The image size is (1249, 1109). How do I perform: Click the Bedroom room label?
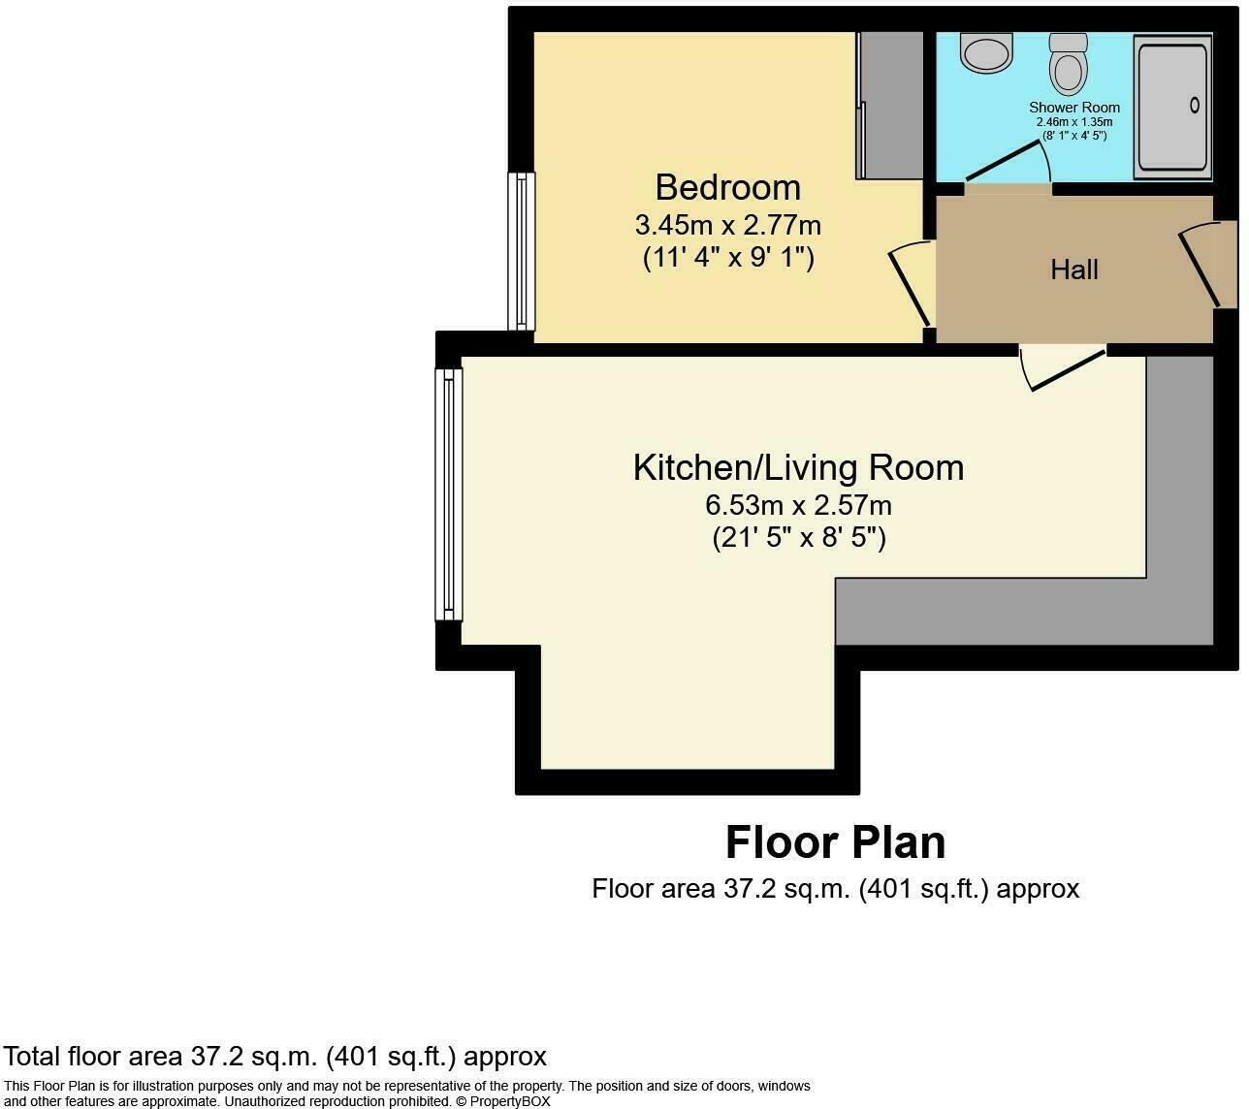[727, 187]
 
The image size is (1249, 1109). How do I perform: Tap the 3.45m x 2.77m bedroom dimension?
[727, 226]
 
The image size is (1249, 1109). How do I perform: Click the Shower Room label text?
[1073, 108]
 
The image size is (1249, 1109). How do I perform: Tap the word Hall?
[1073, 269]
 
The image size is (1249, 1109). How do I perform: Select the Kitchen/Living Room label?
[798, 467]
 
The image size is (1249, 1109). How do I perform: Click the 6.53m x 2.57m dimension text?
[798, 505]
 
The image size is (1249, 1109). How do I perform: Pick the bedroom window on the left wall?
[522, 251]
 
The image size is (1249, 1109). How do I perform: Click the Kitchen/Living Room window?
[448, 493]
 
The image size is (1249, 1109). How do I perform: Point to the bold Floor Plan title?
[835, 842]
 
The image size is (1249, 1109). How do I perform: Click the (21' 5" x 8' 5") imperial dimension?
[798, 537]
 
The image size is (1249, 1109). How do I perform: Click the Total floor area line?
[275, 1056]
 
